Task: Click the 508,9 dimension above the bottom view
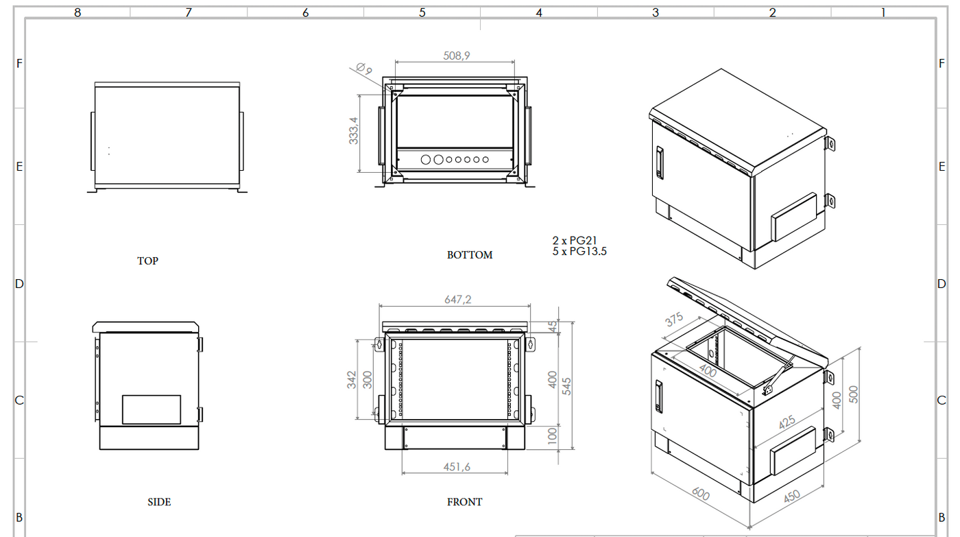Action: (x=457, y=56)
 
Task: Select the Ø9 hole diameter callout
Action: (x=364, y=69)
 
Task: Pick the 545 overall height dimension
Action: (x=567, y=385)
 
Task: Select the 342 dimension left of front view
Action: (x=352, y=379)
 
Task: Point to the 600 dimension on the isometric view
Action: (x=700, y=494)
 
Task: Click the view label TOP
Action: (x=147, y=261)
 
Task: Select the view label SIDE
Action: (x=159, y=502)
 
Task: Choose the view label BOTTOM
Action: (x=470, y=255)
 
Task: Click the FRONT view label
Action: (x=464, y=502)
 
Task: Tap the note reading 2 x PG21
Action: (x=575, y=241)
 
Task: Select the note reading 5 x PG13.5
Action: (x=579, y=251)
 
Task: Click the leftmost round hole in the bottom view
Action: (x=426, y=160)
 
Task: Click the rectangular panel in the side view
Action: (x=152, y=409)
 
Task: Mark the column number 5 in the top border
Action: (x=422, y=12)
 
